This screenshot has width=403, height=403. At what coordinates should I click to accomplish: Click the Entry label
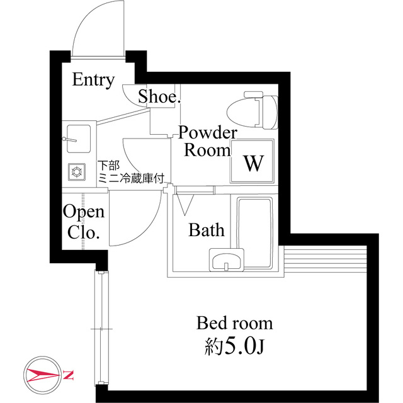tap(93, 80)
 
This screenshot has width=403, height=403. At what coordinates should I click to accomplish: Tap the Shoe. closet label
tap(159, 96)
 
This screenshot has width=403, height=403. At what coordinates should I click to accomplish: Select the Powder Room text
tap(208, 141)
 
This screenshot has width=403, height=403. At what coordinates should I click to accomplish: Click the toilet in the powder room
tap(253, 110)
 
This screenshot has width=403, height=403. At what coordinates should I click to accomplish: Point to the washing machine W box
tap(252, 161)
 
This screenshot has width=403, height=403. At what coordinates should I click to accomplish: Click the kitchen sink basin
tap(79, 139)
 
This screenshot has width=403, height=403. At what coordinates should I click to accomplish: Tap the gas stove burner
tap(77, 172)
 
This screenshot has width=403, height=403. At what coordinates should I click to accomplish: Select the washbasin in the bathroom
tap(227, 260)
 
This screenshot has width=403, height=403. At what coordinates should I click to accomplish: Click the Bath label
tap(207, 230)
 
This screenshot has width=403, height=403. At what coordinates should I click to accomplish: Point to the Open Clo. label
tap(84, 222)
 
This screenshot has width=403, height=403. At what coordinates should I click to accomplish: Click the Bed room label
tap(234, 323)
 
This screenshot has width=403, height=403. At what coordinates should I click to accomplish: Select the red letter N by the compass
tap(69, 375)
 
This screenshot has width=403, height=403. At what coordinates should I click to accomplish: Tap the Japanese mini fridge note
tap(131, 172)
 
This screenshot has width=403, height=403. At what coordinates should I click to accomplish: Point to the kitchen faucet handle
tap(70, 140)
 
